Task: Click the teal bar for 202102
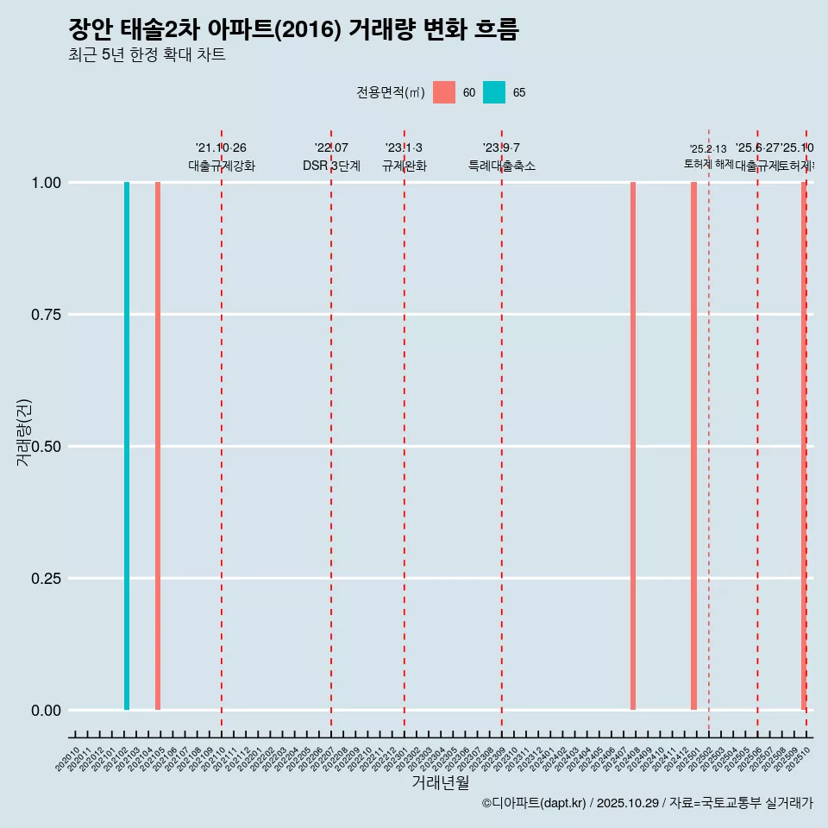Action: [x=127, y=446]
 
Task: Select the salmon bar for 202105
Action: [x=158, y=446]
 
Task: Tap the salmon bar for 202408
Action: [x=633, y=446]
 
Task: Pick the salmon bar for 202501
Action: [x=693, y=446]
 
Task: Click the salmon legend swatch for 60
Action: [x=444, y=92]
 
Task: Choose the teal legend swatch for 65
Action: [x=494, y=92]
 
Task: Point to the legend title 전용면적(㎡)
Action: [x=391, y=92]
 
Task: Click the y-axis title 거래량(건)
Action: [x=24, y=433]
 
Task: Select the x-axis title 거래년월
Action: [x=440, y=783]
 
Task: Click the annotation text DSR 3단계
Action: [x=331, y=166]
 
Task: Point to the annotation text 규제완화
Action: [x=405, y=166]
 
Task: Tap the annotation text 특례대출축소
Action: [x=502, y=166]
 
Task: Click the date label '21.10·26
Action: [x=221, y=147]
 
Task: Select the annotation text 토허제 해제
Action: [x=709, y=163]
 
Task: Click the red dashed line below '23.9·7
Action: [x=502, y=431]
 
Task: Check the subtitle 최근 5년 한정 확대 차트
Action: [x=147, y=55]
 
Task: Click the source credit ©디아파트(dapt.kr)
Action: [x=534, y=803]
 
